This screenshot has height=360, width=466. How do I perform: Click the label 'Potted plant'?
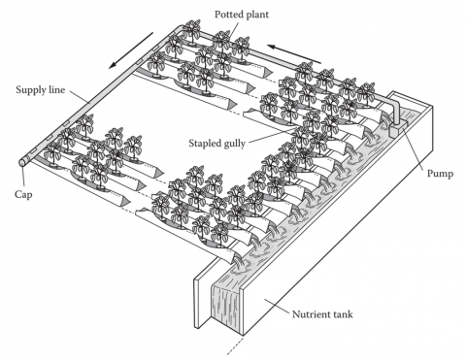(x=242, y=15)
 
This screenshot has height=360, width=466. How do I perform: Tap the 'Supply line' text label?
(x=41, y=89)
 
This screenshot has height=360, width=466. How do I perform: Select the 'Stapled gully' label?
(x=216, y=143)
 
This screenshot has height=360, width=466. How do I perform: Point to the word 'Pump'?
(x=440, y=174)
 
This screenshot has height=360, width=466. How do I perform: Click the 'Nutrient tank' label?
(x=322, y=314)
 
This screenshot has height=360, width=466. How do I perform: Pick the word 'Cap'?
(x=23, y=194)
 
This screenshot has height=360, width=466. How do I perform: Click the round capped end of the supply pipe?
(x=23, y=162)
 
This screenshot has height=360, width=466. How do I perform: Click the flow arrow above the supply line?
(x=131, y=50)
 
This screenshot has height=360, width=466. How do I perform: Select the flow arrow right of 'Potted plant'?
(x=294, y=53)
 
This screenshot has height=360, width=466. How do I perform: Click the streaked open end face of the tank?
(x=226, y=307)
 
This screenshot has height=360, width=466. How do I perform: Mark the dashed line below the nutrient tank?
(x=235, y=346)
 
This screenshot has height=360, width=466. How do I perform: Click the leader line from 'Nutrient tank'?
(x=277, y=306)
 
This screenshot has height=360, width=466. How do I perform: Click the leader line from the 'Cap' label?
(x=23, y=177)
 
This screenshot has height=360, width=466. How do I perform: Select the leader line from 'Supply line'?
(x=79, y=97)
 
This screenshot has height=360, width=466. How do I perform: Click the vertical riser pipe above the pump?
(x=397, y=111)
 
